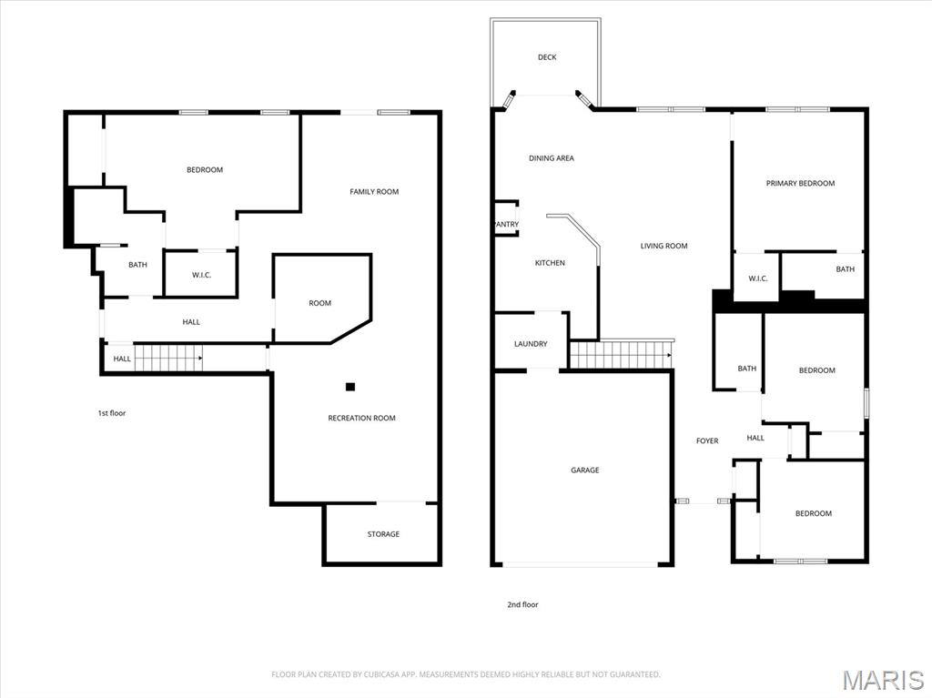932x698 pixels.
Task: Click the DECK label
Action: click(547, 57)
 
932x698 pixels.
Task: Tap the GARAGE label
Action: click(585, 470)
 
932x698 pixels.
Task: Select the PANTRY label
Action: click(505, 225)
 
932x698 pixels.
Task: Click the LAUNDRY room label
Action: click(531, 344)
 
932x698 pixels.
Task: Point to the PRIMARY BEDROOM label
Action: click(800, 184)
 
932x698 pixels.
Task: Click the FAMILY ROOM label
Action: click(374, 192)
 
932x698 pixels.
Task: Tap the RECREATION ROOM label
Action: click(361, 419)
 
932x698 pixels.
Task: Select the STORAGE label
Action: click(383, 534)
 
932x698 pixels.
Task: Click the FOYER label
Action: click(707, 441)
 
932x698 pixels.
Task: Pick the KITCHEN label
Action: click(550, 263)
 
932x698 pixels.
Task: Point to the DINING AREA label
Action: click(552, 158)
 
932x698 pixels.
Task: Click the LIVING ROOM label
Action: click(664, 246)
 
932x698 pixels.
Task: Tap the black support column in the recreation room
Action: click(350, 387)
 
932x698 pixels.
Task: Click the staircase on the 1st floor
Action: click(167, 359)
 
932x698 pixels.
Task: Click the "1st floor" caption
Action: click(112, 413)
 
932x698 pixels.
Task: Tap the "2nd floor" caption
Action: click(522, 604)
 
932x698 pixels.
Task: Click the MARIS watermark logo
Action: click(883, 680)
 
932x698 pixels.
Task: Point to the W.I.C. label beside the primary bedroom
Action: click(758, 278)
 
